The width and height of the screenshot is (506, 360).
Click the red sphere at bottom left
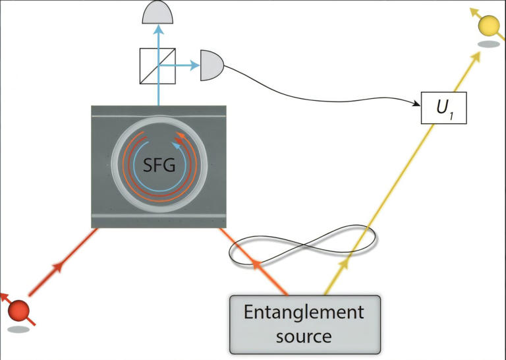click(x=19, y=310)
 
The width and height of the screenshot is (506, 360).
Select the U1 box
click(x=443, y=108)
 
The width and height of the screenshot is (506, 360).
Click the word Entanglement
click(x=304, y=312)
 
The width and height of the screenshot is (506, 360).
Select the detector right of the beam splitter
click(x=211, y=65)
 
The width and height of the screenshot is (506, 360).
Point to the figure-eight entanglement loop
click(x=303, y=243)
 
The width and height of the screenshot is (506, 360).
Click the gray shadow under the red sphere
click(x=18, y=327)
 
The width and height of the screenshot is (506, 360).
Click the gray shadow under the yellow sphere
click(x=488, y=45)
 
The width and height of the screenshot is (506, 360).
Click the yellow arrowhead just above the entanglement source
click(x=343, y=263)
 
